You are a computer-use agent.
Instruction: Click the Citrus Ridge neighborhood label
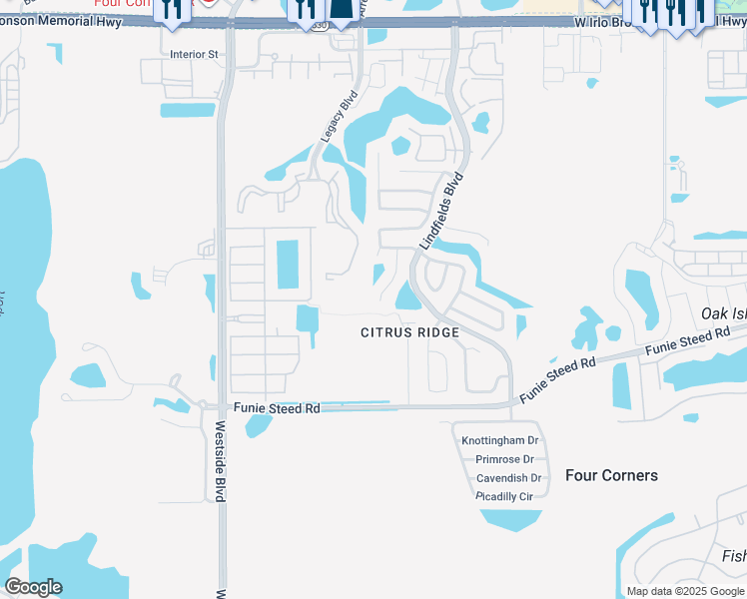[x=409, y=332]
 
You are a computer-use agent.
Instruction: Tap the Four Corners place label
[x=611, y=475]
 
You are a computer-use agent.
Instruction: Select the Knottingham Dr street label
[x=499, y=440]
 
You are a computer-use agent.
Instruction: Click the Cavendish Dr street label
[x=508, y=478]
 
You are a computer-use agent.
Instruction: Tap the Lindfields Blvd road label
[x=442, y=212]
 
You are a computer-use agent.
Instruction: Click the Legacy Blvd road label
[x=339, y=118]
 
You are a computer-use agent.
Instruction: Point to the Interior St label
[x=194, y=55]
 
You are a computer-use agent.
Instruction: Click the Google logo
[x=33, y=587]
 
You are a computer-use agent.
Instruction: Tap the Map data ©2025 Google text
[x=684, y=591]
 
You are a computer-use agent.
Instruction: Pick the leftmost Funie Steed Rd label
[x=277, y=408]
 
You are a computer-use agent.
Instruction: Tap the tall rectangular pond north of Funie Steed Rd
[x=287, y=263]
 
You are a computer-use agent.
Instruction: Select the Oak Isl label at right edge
[x=723, y=313]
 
